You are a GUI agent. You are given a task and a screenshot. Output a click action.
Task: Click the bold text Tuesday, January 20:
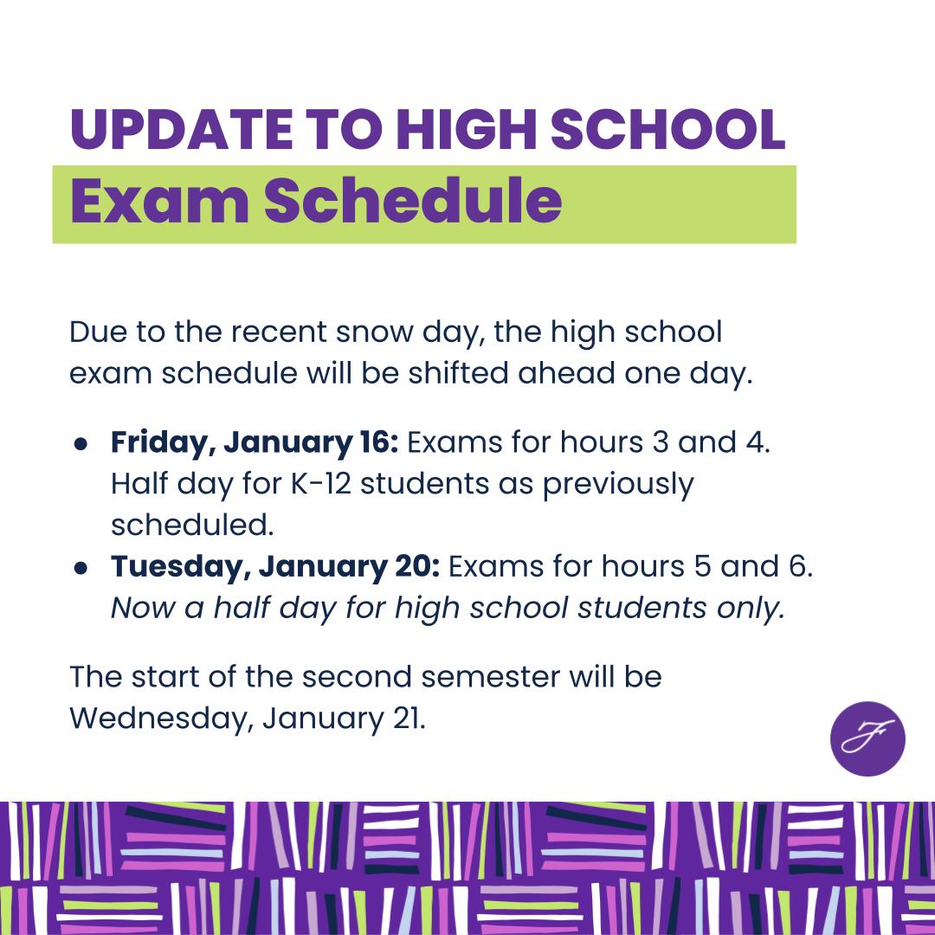[x=275, y=567]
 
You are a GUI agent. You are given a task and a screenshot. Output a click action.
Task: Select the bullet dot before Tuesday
[x=81, y=568]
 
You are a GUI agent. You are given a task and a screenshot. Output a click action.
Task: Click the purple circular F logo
[x=867, y=738]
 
